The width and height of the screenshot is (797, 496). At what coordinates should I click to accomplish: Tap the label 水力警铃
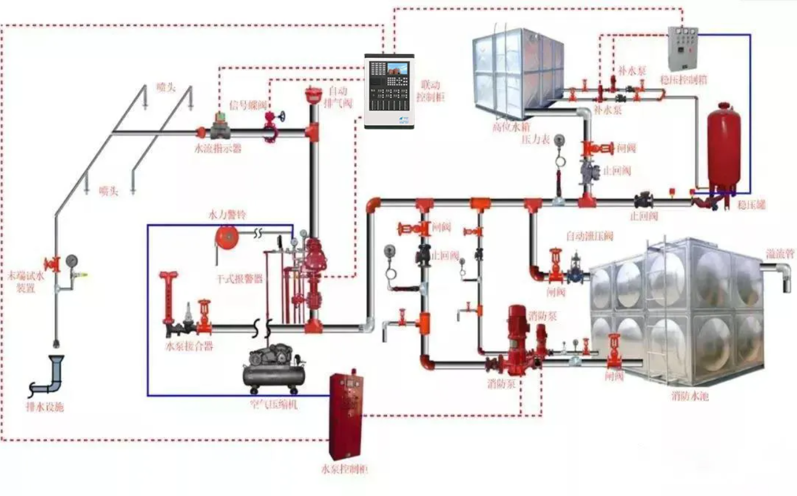coord(227,216)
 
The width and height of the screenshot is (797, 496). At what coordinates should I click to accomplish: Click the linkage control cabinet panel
coord(390,91)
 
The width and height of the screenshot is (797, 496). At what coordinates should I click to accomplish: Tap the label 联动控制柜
coord(431,90)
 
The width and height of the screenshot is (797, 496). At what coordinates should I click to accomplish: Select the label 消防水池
coord(690,396)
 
